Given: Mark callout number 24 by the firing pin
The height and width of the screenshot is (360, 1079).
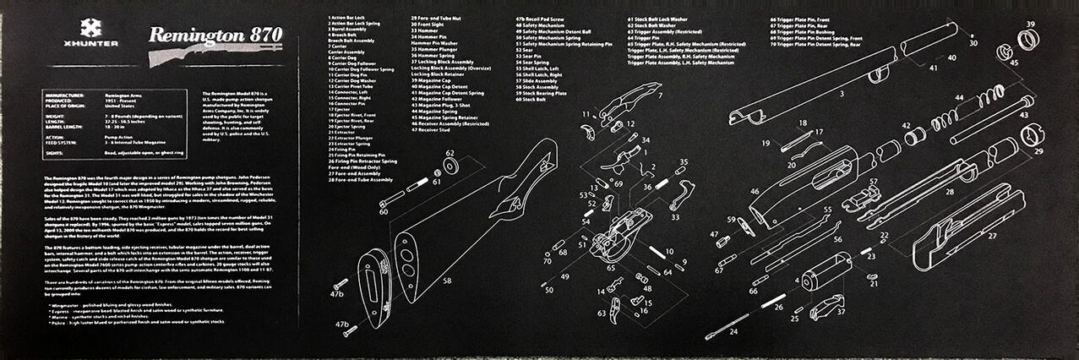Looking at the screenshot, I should point(733,332).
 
